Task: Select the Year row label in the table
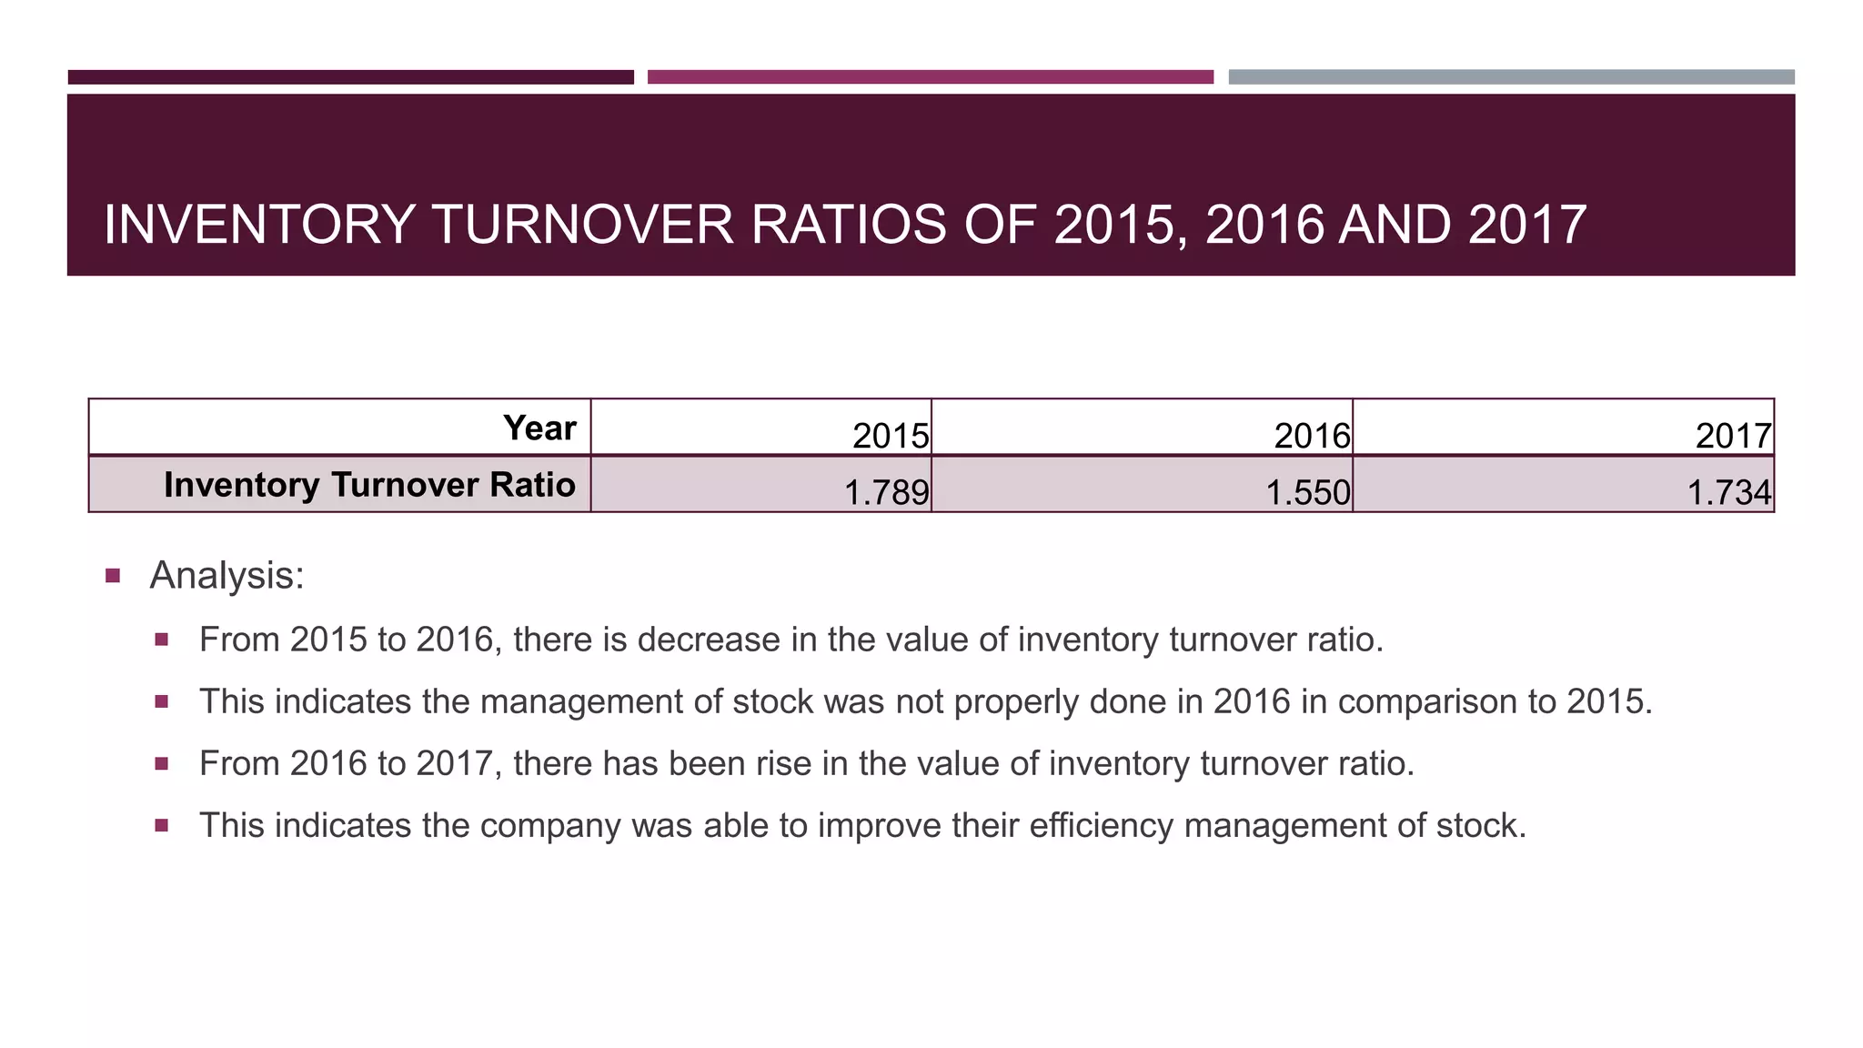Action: click(x=539, y=428)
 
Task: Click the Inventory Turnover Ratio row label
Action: click(x=369, y=484)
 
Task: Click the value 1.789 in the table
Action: click(x=886, y=492)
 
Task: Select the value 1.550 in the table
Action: click(x=1307, y=492)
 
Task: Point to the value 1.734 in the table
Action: click(x=1728, y=492)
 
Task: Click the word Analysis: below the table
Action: click(x=227, y=575)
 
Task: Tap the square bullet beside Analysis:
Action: click(x=113, y=576)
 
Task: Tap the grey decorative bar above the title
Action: click(x=1511, y=77)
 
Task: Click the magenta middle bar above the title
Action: click(x=930, y=77)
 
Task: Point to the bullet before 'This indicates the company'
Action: click(x=162, y=826)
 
